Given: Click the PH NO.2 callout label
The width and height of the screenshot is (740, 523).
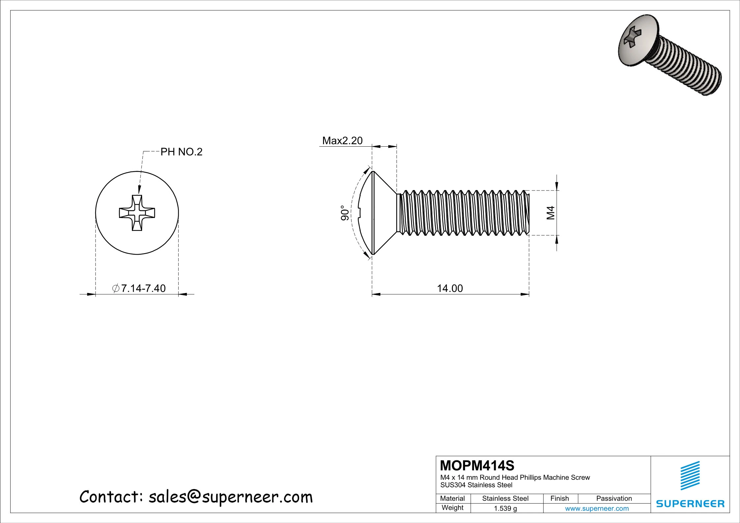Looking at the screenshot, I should coord(181,152).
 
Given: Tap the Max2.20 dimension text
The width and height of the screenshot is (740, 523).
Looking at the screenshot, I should coord(342,141).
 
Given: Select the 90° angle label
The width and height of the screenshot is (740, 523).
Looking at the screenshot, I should coord(344,213).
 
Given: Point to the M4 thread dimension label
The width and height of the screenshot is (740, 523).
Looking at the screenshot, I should coord(551,213).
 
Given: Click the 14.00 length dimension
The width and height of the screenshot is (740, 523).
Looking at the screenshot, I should coord(450,288).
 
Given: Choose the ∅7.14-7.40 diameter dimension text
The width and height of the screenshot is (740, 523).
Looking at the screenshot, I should coord(139,288).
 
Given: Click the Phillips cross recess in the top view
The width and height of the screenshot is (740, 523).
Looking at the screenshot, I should coord(137,213).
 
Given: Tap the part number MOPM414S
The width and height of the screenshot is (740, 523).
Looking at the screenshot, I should coord(477,466).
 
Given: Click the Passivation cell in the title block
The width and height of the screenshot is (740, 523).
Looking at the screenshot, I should coord(614,498).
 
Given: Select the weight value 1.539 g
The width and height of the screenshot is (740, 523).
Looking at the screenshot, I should coord(505,508).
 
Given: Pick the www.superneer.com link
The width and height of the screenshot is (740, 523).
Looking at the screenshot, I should coord(597,508).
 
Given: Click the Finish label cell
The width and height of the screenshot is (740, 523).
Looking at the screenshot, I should coord(559,498).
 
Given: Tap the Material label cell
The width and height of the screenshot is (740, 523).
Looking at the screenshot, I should coord(452,498).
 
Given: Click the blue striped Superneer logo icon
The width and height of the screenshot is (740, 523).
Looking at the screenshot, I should coord(690,476).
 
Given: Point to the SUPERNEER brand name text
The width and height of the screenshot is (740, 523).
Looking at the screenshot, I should coord(690,504).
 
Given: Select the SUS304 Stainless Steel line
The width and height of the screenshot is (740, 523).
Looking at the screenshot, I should coord(476,485).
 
